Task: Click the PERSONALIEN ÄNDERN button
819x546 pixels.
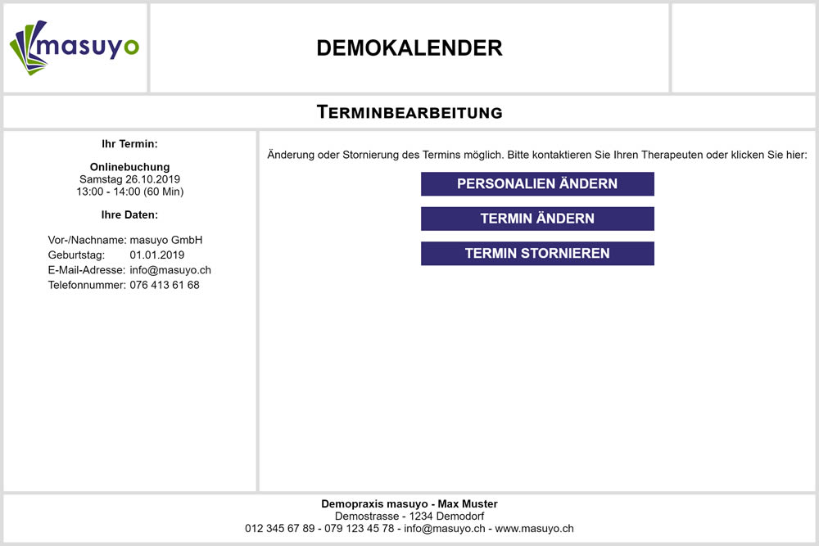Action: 537,184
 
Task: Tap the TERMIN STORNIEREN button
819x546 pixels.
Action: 537,254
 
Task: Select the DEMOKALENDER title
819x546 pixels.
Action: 409,48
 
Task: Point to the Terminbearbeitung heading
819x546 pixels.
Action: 409,112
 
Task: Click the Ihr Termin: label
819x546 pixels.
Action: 129,144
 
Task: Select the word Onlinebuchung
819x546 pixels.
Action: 129,167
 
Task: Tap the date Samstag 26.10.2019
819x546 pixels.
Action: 129,179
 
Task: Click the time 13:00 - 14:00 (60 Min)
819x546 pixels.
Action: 129,192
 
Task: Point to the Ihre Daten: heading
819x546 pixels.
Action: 129,215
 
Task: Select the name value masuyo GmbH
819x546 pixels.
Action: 166,240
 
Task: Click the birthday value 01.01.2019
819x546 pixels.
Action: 157,255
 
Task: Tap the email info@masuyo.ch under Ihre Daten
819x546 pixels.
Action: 170,270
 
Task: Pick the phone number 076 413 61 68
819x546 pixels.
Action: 165,285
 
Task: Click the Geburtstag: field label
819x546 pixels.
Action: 76,255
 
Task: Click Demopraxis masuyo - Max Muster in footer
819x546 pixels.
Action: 409,504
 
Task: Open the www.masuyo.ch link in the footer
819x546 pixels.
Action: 535,529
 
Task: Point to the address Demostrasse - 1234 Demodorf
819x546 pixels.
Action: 409,517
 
